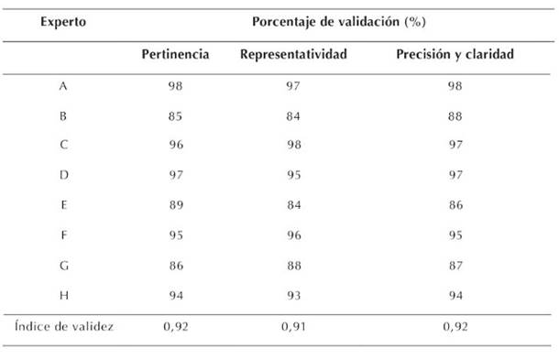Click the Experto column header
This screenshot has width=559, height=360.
(x=63, y=22)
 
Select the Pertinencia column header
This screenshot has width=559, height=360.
(x=175, y=54)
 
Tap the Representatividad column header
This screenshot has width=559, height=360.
(x=293, y=54)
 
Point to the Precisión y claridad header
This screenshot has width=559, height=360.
(x=455, y=54)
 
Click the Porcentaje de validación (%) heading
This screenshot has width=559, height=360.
(x=339, y=22)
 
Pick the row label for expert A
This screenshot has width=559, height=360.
(x=63, y=86)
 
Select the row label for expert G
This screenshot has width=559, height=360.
(x=64, y=266)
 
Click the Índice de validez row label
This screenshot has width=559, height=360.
(x=64, y=326)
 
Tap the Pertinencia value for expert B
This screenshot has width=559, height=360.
(x=175, y=116)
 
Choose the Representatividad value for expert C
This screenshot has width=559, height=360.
(x=294, y=145)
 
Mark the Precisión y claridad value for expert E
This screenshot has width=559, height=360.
(x=455, y=205)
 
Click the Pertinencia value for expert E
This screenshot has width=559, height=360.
(x=176, y=205)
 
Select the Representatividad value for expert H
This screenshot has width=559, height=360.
(x=294, y=296)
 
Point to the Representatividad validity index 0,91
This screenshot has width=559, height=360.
(x=293, y=326)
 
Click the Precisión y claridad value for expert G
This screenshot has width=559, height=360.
(x=455, y=266)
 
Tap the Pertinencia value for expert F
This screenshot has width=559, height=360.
(x=176, y=235)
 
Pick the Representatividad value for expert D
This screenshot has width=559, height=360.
(x=294, y=175)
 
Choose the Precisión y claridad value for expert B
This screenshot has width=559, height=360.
(x=455, y=116)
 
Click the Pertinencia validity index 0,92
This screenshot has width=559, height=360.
(x=176, y=326)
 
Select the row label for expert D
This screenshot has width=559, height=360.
(x=64, y=175)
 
